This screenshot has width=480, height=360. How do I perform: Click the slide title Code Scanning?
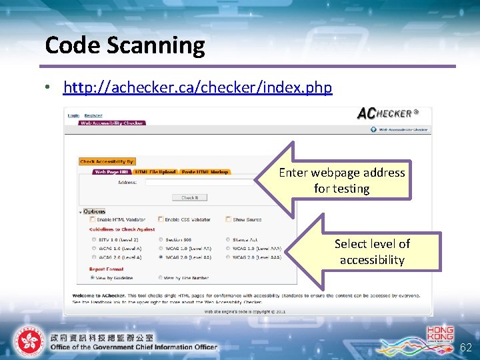pyautogui.click(x=125, y=45)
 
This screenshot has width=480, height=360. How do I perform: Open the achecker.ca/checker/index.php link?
pyautogui.click(x=197, y=87)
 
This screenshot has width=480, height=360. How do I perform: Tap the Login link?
pyautogui.click(x=73, y=116)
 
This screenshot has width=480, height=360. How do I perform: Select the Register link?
pyautogui.click(x=93, y=116)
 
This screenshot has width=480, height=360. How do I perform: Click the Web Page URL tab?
pyautogui.click(x=111, y=172)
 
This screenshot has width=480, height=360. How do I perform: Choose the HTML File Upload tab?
pyautogui.click(x=155, y=172)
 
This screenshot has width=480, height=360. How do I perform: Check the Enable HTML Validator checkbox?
pyautogui.click(x=92, y=219)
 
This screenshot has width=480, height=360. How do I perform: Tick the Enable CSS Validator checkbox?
pyautogui.click(x=161, y=219)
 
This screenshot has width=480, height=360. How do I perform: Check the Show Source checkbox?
pyautogui.click(x=229, y=219)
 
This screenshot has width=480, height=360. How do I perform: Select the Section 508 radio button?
pyautogui.click(x=161, y=239)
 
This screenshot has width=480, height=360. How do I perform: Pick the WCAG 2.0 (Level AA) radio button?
pyautogui.click(x=161, y=257)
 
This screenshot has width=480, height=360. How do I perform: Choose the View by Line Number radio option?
pyautogui.click(x=161, y=277)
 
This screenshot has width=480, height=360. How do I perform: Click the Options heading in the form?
pyautogui.click(x=94, y=211)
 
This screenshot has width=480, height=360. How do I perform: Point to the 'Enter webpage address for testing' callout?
pyautogui.click(x=341, y=180)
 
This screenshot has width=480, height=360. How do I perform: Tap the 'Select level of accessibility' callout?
pyautogui.click(x=371, y=252)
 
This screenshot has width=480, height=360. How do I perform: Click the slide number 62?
pyautogui.click(x=466, y=347)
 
